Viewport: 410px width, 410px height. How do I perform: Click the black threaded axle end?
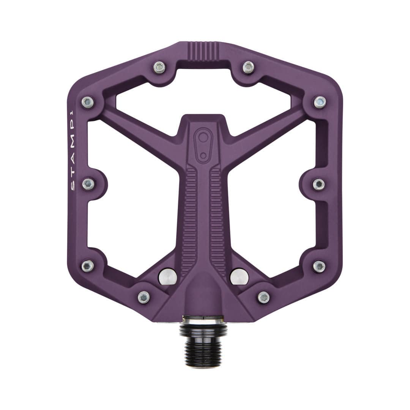point(203,347)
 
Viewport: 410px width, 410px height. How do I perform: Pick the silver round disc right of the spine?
point(239,276)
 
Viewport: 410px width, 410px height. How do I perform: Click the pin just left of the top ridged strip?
point(159,67)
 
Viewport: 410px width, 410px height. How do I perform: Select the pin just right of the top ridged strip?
point(248,67)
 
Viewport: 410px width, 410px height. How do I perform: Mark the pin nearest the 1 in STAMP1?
point(88,102)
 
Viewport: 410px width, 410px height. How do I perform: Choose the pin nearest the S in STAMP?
point(88,184)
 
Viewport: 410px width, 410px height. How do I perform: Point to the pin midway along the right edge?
point(319,184)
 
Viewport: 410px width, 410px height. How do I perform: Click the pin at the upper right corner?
point(320,102)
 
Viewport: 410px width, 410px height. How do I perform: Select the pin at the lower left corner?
point(88,266)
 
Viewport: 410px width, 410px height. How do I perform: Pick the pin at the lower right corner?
point(319,266)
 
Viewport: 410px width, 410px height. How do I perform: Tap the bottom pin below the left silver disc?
point(144,297)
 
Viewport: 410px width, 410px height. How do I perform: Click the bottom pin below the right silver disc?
point(263,297)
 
